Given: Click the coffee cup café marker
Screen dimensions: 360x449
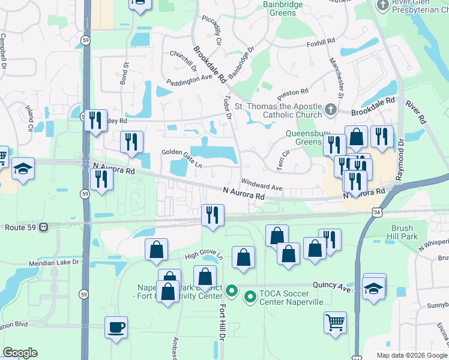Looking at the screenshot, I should click(x=116, y=328).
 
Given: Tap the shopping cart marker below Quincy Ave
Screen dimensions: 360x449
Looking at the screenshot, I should click(x=335, y=321).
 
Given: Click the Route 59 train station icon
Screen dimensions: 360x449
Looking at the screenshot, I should click(x=44, y=227).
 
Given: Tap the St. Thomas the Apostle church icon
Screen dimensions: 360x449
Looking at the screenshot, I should click(x=330, y=110).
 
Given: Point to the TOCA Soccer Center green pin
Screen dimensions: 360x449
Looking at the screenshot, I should click(x=250, y=295).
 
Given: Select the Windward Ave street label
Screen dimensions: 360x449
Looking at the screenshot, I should click(x=262, y=184).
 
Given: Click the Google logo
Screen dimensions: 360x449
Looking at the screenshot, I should click(x=20, y=353).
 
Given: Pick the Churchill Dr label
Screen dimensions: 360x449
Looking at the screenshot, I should click(x=183, y=60).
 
